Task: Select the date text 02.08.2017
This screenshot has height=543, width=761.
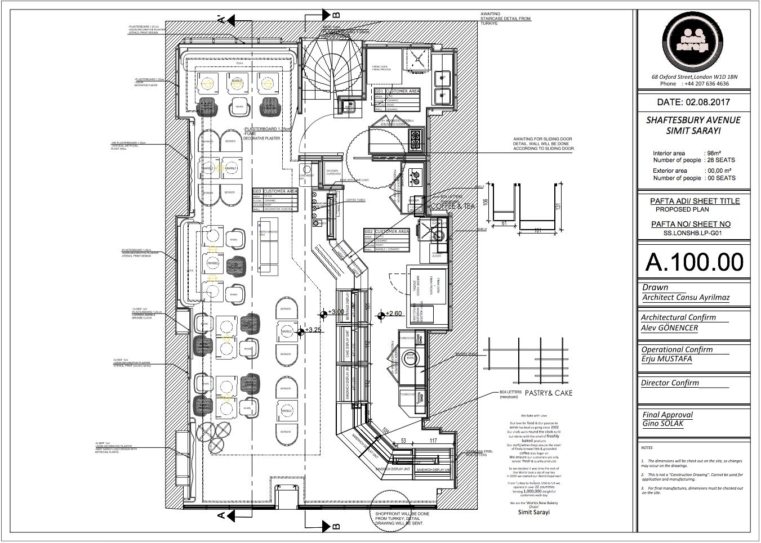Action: point(707,102)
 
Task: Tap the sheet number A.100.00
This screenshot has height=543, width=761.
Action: point(694,262)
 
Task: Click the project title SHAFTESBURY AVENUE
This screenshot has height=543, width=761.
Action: point(693,120)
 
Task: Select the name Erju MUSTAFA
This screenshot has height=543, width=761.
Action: point(666,359)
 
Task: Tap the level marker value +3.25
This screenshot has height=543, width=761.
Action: point(313,330)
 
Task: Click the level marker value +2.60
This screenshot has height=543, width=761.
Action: point(394,314)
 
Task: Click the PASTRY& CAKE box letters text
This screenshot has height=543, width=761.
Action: point(548,393)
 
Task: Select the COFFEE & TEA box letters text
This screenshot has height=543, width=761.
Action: point(453,207)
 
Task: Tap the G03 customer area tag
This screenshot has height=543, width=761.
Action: point(257,191)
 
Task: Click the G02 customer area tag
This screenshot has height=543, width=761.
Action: point(369,232)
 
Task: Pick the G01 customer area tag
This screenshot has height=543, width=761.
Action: point(380,91)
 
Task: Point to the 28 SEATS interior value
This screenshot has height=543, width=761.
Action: point(721,160)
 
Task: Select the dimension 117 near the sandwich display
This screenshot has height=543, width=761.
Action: point(433,441)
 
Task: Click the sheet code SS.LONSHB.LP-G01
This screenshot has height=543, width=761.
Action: point(692,233)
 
